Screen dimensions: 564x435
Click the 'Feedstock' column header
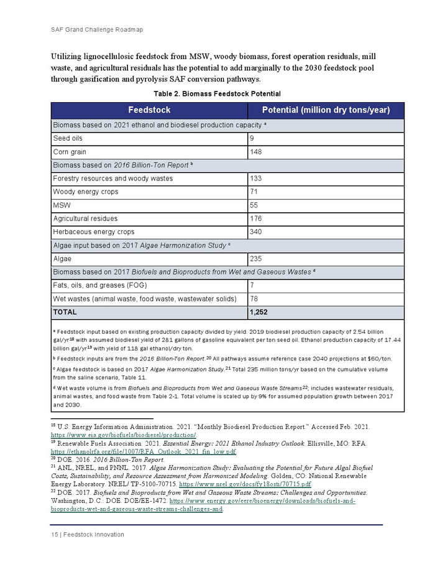[149, 110]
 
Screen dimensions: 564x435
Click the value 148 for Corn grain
[255, 152]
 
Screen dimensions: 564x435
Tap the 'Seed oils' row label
[68, 138]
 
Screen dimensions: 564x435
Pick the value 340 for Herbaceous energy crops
[255, 232]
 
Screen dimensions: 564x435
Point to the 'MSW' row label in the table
[62, 205]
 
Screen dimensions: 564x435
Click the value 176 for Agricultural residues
[255, 219]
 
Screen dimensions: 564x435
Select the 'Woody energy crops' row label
[86, 192]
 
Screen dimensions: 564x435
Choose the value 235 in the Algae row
[255, 259]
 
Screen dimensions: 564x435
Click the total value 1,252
[259, 312]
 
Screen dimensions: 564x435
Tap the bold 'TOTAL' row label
[65, 312]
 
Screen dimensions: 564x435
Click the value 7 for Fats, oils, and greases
[252, 286]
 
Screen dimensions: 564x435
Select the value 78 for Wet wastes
[254, 299]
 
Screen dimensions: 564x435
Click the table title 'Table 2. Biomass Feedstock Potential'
[217, 94]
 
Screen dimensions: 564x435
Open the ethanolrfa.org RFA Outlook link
[144, 451]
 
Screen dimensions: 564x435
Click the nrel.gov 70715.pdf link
[245, 483]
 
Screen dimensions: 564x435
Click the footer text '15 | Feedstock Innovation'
[88, 534]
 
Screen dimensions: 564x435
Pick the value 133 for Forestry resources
[255, 179]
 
